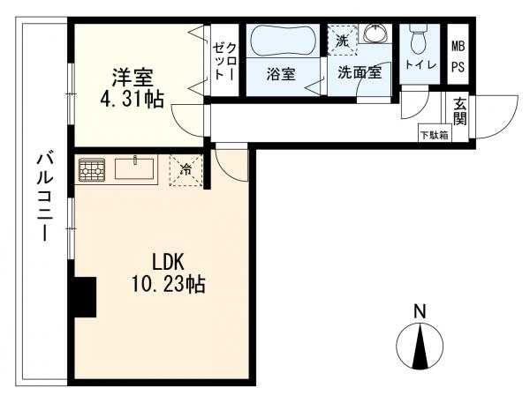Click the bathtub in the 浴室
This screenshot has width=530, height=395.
(284, 41)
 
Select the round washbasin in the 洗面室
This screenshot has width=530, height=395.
(375, 34)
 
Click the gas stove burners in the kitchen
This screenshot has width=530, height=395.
(91, 169)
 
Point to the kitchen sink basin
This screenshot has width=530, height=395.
(134, 168)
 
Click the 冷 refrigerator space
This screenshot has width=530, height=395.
(185, 170)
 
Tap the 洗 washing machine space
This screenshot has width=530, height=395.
(342, 40)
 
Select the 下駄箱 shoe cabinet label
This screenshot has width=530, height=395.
(435, 135)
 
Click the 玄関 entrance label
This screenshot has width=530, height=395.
(459, 112)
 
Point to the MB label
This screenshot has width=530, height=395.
(458, 46)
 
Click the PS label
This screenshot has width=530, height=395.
(458, 67)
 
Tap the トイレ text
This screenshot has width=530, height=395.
(420, 64)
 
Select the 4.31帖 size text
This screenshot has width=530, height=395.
(132, 100)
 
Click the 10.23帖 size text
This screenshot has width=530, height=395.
(168, 284)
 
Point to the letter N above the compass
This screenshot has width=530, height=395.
(420, 311)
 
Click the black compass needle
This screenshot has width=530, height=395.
(420, 347)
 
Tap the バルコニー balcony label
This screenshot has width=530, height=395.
(45, 197)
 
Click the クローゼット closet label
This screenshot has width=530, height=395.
(224, 62)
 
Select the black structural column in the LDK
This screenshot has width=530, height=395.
(85, 297)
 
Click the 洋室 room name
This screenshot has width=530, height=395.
(132, 78)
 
